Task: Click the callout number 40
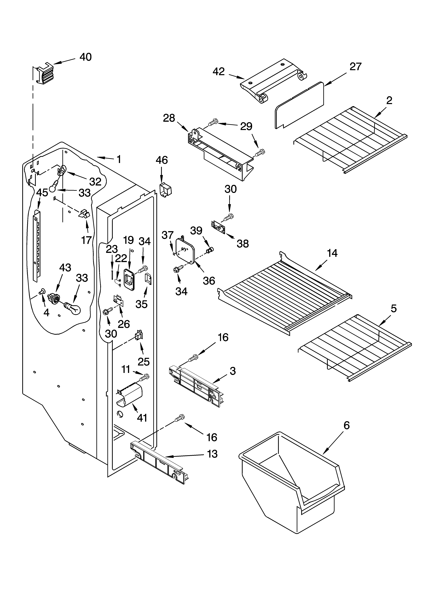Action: coord(86,57)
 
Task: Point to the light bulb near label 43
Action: coord(73,308)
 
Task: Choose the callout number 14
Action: coord(332,253)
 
